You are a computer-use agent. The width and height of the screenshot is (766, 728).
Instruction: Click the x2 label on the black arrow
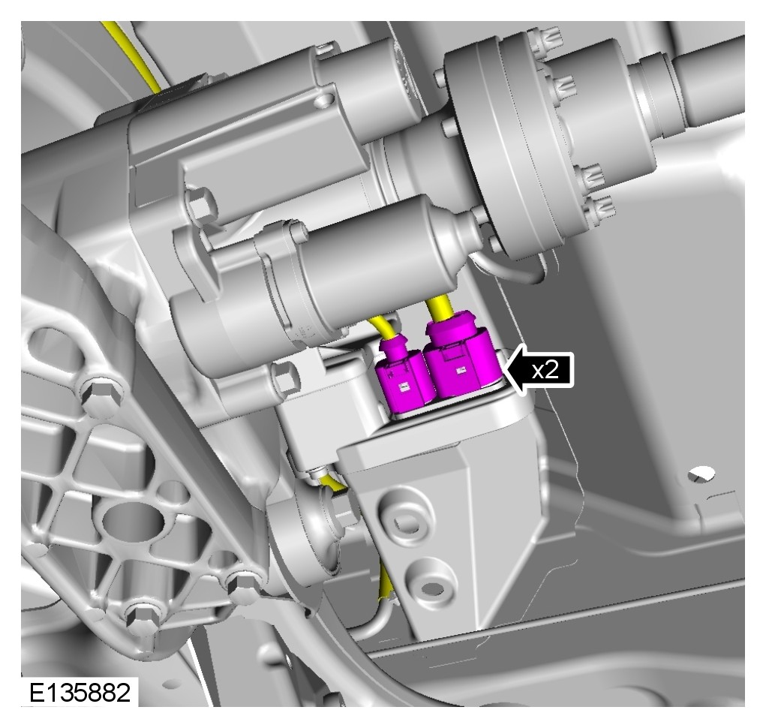click(x=545, y=370)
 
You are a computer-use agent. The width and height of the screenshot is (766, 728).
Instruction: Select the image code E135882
click(x=80, y=692)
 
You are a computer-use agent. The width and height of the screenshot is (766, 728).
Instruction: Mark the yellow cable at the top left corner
click(x=132, y=54)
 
